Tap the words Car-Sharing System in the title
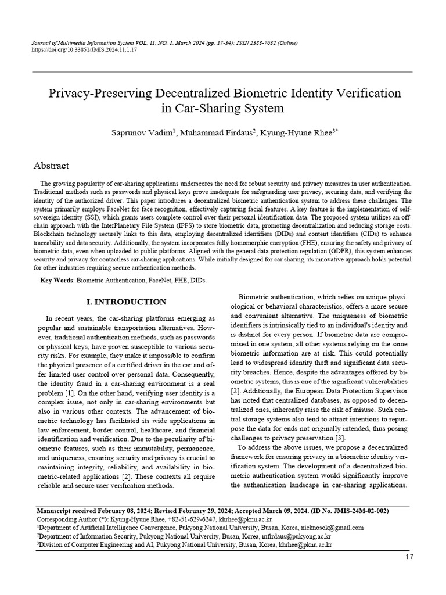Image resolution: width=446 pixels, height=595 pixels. coord(222,108)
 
